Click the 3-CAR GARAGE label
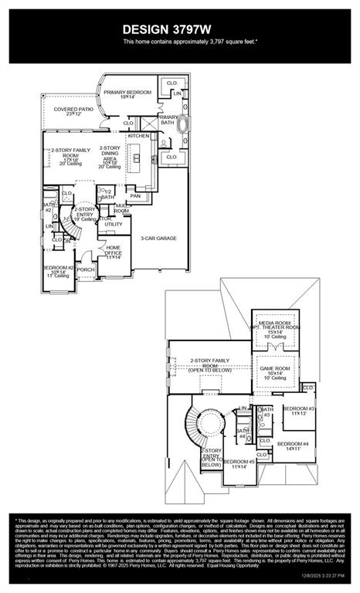point(158,238)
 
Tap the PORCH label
point(85,269)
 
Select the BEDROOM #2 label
point(59,269)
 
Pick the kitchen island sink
point(136,159)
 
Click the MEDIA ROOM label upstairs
point(277,327)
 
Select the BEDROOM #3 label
point(297,410)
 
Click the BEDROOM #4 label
point(293,446)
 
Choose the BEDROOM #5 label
point(239,463)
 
